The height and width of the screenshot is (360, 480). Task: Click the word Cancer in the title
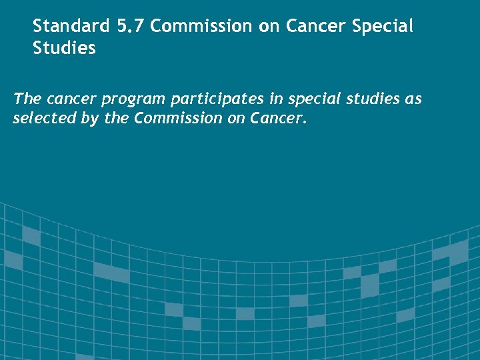(313, 26)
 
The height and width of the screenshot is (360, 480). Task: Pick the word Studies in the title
(64, 49)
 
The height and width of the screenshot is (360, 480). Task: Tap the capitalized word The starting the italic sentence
(27, 99)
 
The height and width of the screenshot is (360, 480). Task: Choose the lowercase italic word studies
(369, 99)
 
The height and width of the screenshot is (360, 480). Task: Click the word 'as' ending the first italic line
(414, 99)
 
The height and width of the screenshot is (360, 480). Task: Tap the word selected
(41, 119)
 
